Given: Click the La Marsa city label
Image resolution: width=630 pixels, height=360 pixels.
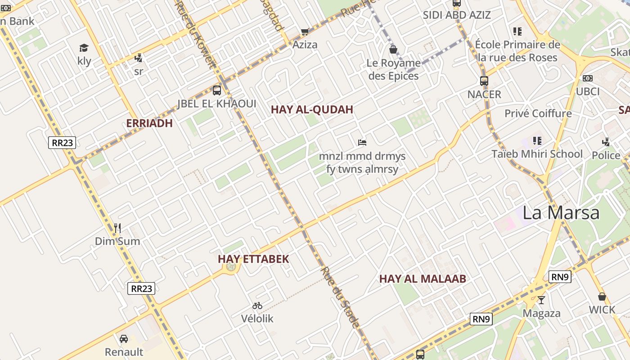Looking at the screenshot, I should point(561,212).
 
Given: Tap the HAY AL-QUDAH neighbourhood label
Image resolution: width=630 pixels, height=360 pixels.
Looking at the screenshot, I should point(312,110).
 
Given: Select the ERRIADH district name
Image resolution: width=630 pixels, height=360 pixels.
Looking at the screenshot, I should point(149,123).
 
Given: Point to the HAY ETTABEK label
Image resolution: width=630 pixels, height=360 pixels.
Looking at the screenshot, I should point(253,259).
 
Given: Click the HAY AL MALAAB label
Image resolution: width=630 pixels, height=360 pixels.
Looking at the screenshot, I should point(423,279).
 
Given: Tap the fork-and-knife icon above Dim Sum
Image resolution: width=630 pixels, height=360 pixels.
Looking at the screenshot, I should point(117,228).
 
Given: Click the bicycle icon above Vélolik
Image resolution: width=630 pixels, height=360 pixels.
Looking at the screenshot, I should point(257,306).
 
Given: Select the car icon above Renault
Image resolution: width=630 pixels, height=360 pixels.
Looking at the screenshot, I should point(124,339).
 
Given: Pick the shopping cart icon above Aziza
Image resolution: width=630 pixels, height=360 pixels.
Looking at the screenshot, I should point(305,31).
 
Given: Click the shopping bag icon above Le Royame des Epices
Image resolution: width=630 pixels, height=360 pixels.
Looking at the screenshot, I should point(393,49).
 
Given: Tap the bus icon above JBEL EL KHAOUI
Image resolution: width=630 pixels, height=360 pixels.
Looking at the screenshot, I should point(217,90).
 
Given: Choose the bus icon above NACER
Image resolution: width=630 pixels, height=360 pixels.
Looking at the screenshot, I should point(484,81).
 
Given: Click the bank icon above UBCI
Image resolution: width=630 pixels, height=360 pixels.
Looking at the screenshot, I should point(588,78).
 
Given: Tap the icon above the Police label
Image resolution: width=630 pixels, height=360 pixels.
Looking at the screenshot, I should point(606,142).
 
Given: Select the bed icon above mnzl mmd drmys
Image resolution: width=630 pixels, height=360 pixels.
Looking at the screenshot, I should point(362,143).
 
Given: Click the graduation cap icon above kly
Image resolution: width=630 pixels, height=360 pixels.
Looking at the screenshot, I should point(84,48).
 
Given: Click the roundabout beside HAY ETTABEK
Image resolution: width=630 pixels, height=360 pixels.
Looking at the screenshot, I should point(231,267).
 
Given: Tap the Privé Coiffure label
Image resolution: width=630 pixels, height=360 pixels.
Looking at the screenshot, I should point(538,113).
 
